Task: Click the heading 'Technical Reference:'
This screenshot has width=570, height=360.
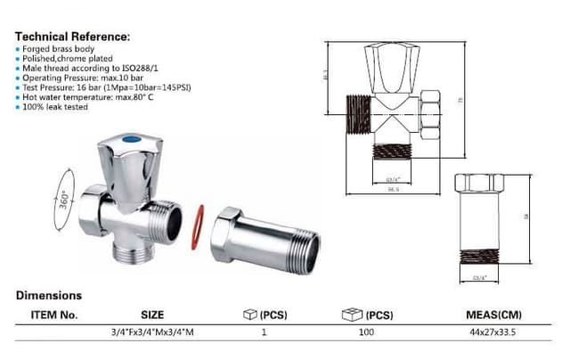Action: pos(73,37)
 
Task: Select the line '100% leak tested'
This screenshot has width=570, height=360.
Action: pos(56,106)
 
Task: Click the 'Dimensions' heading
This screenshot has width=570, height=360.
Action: pos(49,295)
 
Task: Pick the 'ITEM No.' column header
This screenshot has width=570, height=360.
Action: pos(54,315)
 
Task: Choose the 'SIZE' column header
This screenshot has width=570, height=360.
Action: pos(152,315)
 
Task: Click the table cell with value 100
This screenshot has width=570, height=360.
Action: pos(366,332)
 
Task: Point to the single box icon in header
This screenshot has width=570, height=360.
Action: pos(250,314)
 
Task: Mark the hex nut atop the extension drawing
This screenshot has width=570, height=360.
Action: pos(484,183)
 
